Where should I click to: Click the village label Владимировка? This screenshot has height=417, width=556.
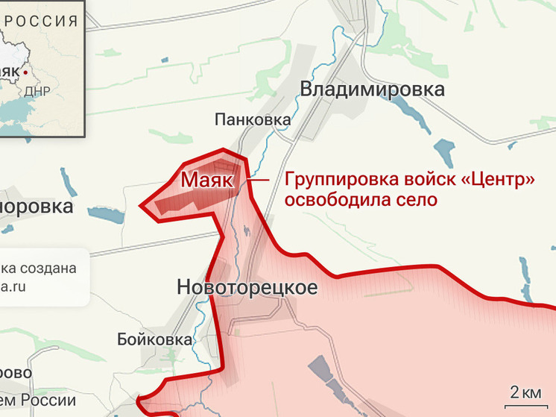pyautogui.click(x=372, y=90)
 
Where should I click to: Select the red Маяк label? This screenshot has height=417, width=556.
pyautogui.click(x=206, y=181)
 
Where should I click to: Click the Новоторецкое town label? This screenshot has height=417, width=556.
pyautogui.click(x=247, y=287)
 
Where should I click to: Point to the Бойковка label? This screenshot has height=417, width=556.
pyautogui.click(x=155, y=339)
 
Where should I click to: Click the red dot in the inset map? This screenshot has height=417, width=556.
pyautogui.click(x=27, y=72)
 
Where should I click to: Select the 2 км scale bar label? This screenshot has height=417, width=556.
pyautogui.click(x=525, y=392)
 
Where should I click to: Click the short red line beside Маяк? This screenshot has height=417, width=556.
pyautogui.click(x=259, y=180)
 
